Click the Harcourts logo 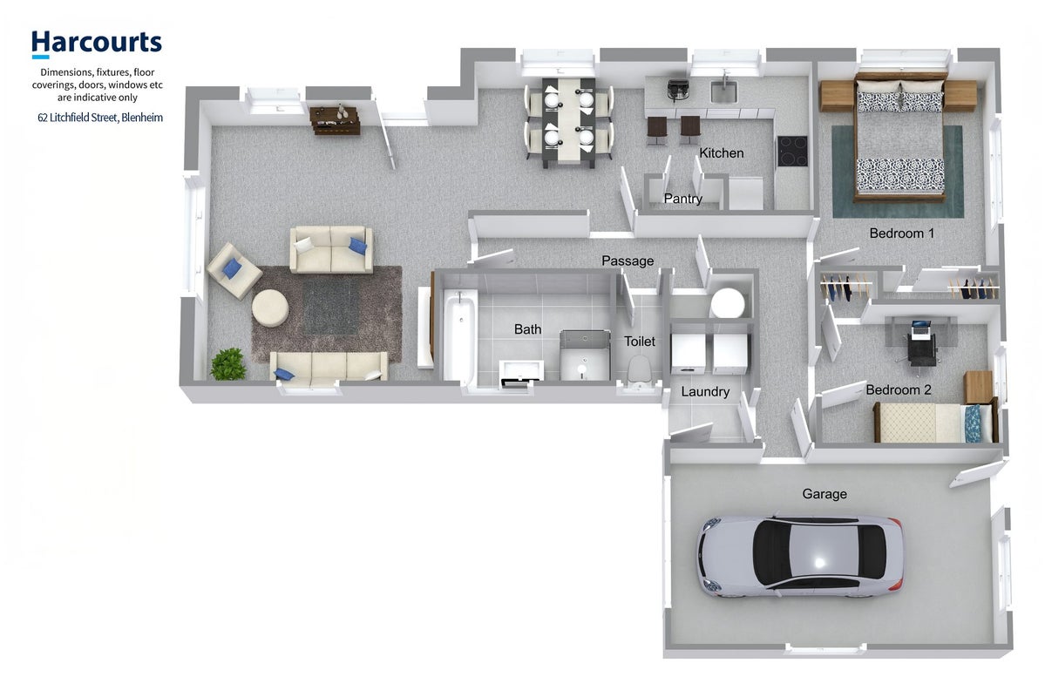(x=97, y=44)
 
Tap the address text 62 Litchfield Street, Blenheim (x=100, y=118)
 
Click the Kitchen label (x=721, y=153)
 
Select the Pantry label (x=683, y=199)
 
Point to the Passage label (x=628, y=261)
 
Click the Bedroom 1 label (x=902, y=233)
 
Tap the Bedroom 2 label (x=899, y=389)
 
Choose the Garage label (x=824, y=494)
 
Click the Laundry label (x=705, y=392)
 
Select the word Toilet (x=640, y=342)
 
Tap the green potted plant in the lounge (x=228, y=364)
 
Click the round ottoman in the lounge (x=270, y=308)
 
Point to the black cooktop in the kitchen (x=792, y=152)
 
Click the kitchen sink (x=723, y=92)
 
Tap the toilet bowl (x=640, y=370)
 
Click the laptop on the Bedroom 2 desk (x=920, y=328)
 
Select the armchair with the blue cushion (x=234, y=270)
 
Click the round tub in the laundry (x=728, y=303)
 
